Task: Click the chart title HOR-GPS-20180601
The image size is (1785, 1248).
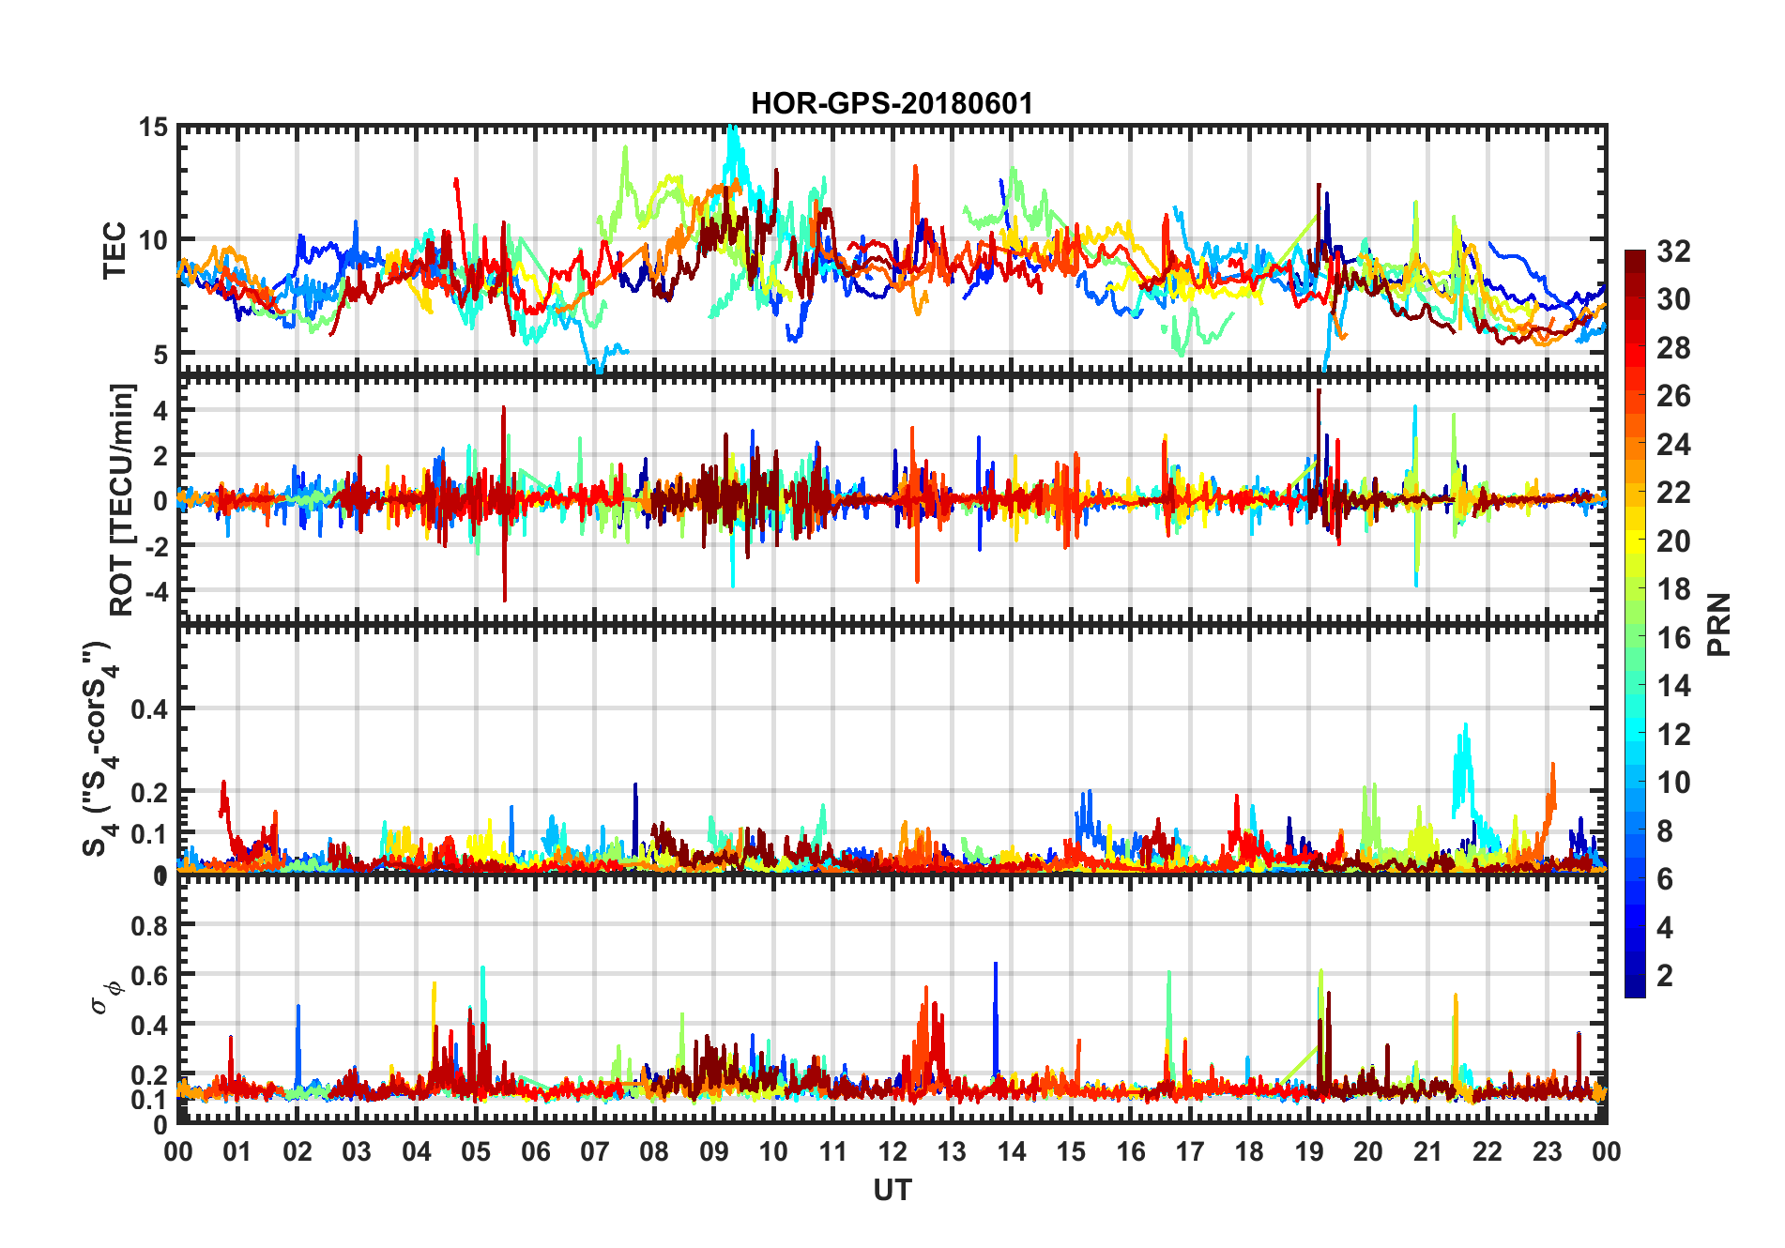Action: click(x=892, y=103)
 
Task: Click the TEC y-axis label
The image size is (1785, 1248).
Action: click(x=114, y=251)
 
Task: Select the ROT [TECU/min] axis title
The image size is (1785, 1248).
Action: click(x=122, y=499)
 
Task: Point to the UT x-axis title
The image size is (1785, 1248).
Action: click(x=892, y=1191)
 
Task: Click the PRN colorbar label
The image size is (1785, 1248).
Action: click(x=1718, y=624)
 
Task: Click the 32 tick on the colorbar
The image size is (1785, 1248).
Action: click(x=1673, y=251)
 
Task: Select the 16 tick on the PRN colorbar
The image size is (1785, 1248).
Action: click(x=1673, y=638)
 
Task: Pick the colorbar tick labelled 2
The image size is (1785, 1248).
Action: click(x=1665, y=976)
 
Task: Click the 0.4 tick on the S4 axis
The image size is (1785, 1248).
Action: click(x=149, y=709)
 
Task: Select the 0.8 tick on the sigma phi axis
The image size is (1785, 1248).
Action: click(x=149, y=925)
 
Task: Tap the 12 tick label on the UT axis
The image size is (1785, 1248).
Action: click(x=892, y=1152)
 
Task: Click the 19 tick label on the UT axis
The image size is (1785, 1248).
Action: click(x=1308, y=1152)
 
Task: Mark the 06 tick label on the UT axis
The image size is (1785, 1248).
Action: click(x=535, y=1152)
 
